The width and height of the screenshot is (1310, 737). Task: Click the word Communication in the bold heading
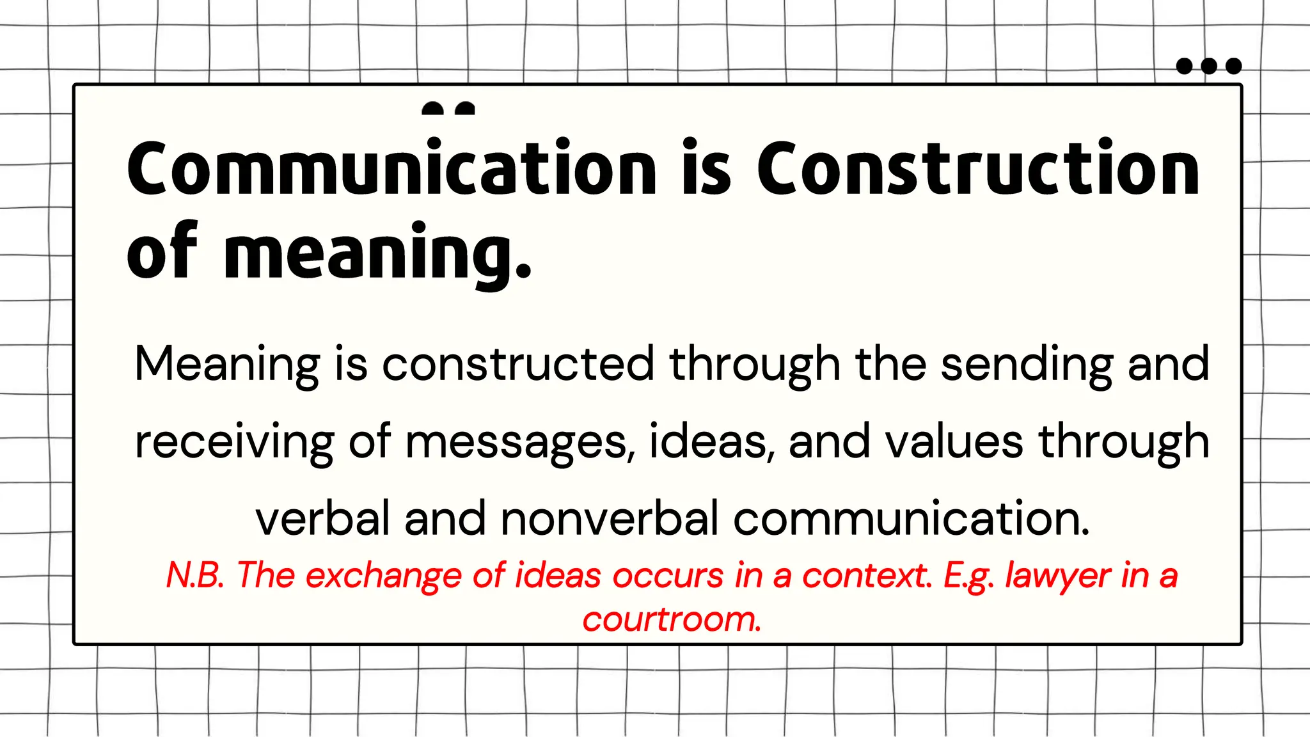391,168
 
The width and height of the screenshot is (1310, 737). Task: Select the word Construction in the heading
978,168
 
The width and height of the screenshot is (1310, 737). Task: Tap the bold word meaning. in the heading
377,253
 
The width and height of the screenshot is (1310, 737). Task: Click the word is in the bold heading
706,168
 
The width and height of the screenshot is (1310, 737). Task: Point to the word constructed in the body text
518,363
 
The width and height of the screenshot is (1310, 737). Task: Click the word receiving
234,441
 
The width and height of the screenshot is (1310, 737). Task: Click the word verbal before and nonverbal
322,518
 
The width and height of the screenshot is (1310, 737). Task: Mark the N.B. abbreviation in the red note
195,575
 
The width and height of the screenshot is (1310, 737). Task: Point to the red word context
867,575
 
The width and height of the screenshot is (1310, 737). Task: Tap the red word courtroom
672,619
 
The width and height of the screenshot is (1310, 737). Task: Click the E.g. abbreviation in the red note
969,575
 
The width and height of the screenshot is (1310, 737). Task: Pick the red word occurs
668,575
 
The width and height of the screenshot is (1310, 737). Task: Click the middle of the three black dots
1209,66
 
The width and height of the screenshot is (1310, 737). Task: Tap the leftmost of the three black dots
1185,66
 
